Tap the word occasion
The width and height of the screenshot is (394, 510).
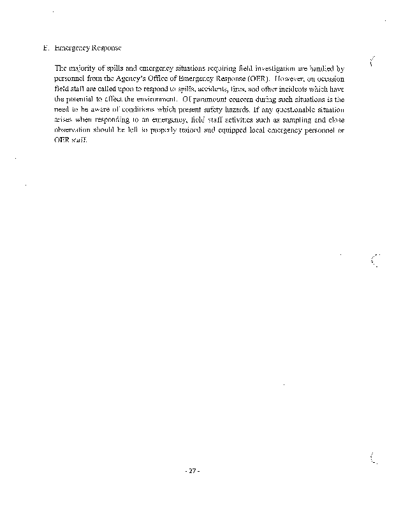tap(329, 80)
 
